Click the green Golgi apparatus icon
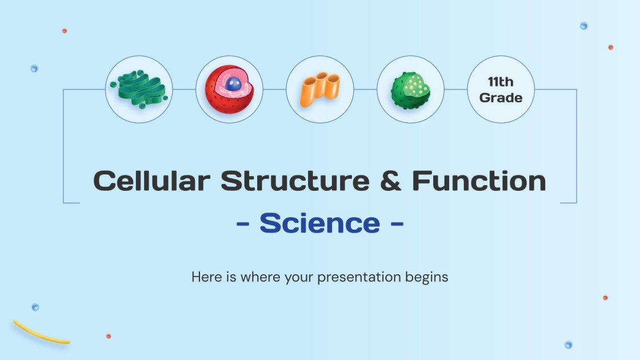139,89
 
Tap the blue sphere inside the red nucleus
233,84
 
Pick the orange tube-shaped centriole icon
319,89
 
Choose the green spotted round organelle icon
410,90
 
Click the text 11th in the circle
501,82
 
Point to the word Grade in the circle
501,98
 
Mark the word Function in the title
479,181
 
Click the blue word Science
319,223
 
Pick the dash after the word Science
396,224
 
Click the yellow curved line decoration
40,334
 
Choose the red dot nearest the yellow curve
108,336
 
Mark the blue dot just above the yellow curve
35,307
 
